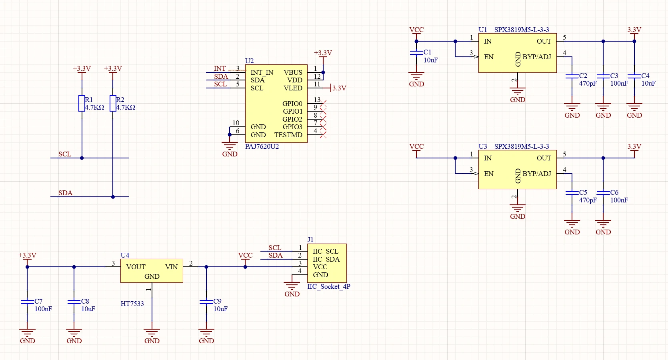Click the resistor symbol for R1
[82, 104]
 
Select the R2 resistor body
[113, 104]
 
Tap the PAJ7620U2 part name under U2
[262, 146]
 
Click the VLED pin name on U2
[293, 88]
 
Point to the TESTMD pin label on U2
[288, 135]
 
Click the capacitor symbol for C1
[416, 53]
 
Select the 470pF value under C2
[588, 84]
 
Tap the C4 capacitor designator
[645, 76]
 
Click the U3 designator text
[482, 146]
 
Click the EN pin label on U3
[488, 174]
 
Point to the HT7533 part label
[132, 304]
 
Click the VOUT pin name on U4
[136, 267]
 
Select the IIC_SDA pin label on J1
[326, 259]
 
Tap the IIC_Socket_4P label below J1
[329, 286]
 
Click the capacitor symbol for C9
[206, 302]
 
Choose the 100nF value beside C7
[43, 309]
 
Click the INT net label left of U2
[220, 68]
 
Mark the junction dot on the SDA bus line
[113, 197]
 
